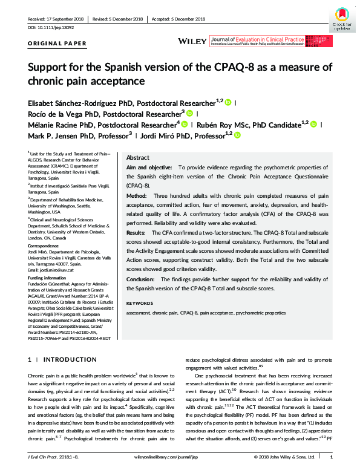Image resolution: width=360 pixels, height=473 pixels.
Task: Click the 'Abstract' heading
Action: [x=137, y=157]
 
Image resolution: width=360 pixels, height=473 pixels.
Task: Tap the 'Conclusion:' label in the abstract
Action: [x=142, y=279]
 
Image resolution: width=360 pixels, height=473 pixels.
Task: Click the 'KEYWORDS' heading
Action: [x=140, y=302]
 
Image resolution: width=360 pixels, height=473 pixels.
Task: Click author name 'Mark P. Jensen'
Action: [x=53, y=136]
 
